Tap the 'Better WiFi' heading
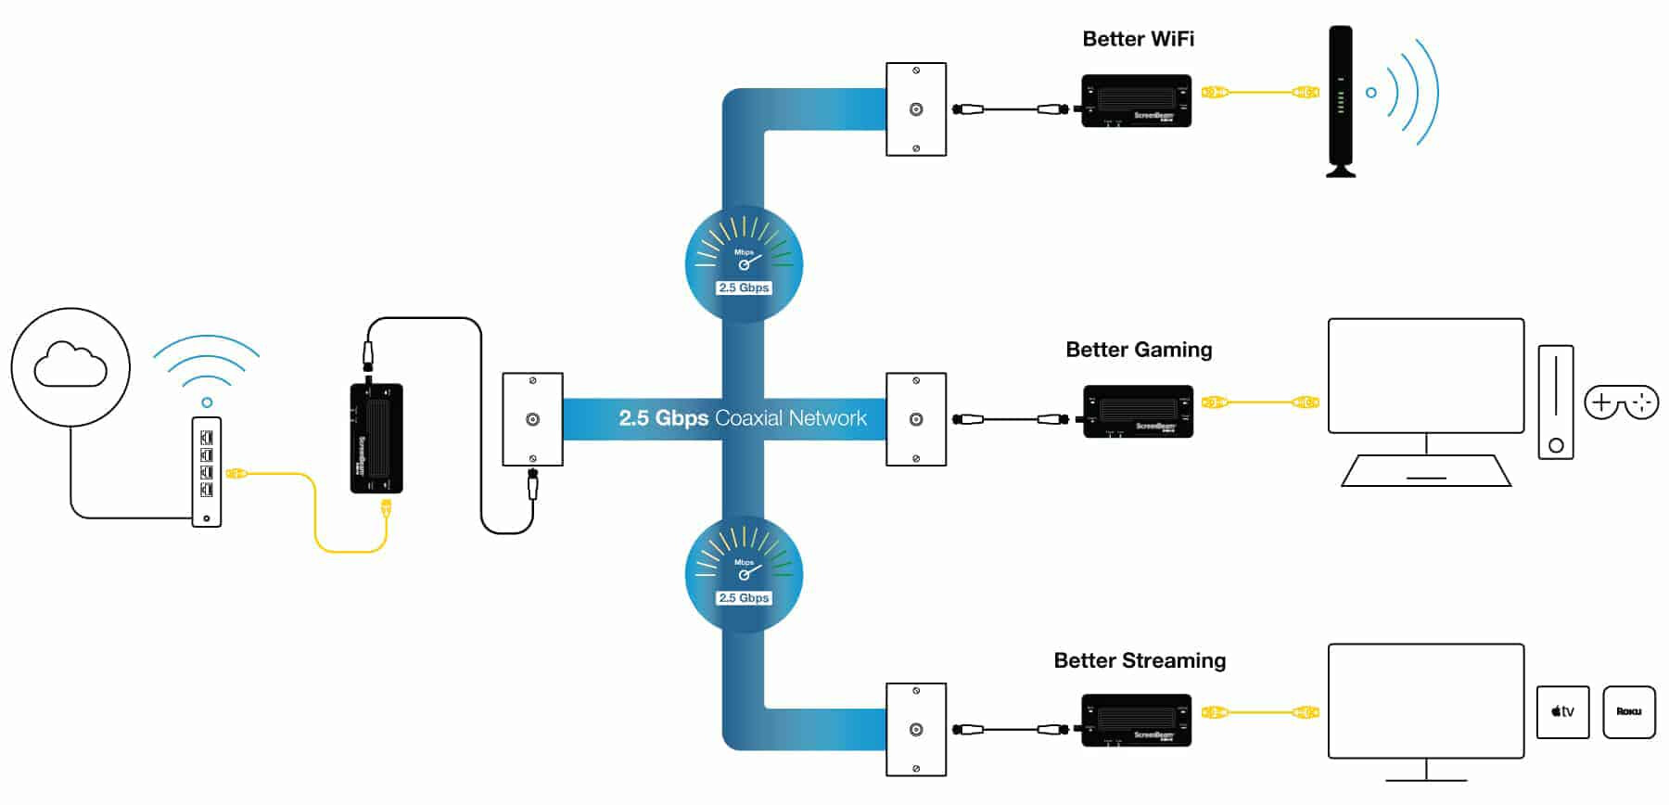point(1138,39)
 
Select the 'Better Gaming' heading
point(1139,350)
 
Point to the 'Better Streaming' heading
point(1140,660)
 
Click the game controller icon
point(1621,402)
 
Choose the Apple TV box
point(1562,712)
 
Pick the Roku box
point(1628,712)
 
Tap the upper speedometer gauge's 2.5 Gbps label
point(744,287)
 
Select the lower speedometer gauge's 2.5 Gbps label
point(744,598)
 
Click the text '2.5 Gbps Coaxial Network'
point(743,418)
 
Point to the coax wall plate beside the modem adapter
point(532,419)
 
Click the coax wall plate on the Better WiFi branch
point(916,109)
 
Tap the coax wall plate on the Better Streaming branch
point(916,730)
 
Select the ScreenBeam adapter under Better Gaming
point(1138,411)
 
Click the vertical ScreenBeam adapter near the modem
point(376,439)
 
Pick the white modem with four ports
point(207,472)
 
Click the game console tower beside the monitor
point(1555,402)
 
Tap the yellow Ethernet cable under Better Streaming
point(1260,712)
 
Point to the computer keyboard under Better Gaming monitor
point(1426,470)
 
